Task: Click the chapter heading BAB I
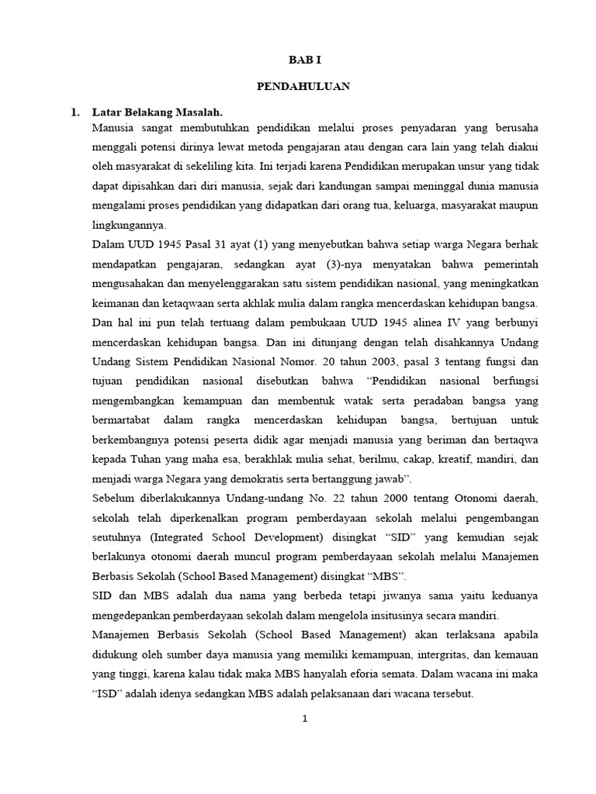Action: [x=303, y=59]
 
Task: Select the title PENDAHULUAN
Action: [x=303, y=87]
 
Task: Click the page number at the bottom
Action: [x=305, y=719]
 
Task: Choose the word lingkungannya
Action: [x=127, y=225]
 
